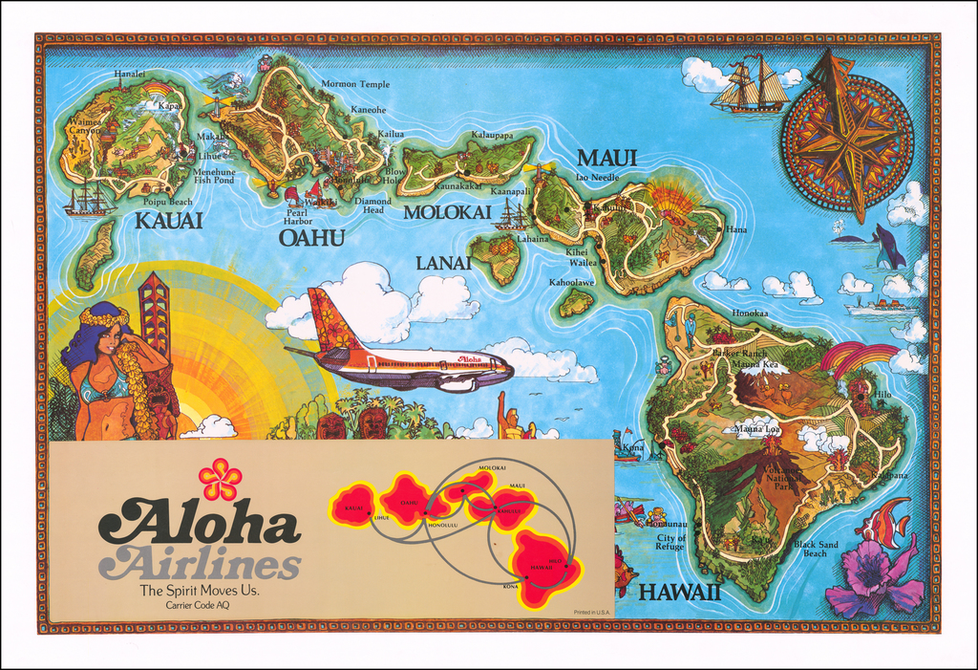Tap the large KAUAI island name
pos(168,221)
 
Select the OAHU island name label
pos(311,237)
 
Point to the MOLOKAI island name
pos(447,212)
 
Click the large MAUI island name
pos(607,159)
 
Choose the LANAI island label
pos(443,263)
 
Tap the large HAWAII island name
pos(679,592)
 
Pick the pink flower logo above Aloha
pos(220,479)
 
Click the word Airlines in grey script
pos(202,564)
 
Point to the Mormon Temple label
pos(355,84)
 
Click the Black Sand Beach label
pos(816,549)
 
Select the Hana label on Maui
pos(736,229)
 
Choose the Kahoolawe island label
pos(571,283)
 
